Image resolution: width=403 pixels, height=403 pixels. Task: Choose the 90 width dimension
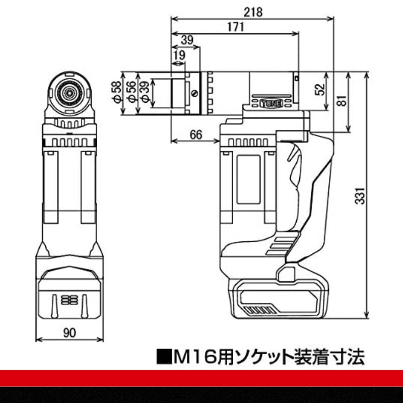pyautogui.click(x=70, y=332)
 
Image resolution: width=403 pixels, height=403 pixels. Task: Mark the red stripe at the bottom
pyautogui.click(x=201, y=377)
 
